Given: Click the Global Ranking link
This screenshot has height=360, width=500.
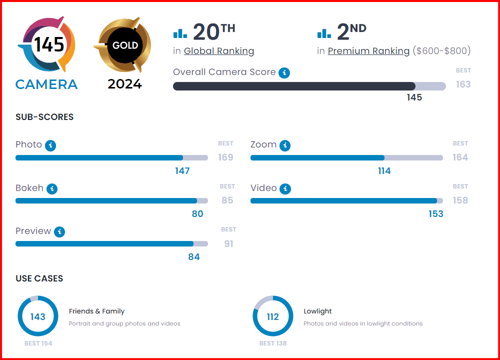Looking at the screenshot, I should pos(219,51).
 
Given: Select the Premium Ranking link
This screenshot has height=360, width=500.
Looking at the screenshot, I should pos(368,51).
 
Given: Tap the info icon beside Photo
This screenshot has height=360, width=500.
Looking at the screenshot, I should pos(50,145).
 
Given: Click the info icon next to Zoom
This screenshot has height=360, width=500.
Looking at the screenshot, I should pos(285,145).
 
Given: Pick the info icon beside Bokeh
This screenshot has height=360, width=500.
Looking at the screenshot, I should pos(52,189).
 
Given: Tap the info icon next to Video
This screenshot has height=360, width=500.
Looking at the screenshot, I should pos(285,189).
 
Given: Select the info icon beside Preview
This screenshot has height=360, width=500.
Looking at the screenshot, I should pos(59,232).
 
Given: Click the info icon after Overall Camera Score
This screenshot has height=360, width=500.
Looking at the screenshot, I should pos(284,73).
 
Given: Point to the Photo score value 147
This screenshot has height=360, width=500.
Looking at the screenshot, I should pos(182,171).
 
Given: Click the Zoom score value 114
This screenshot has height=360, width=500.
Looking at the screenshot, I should pos(384,171).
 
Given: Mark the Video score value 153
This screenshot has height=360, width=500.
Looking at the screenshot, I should pos(436,214).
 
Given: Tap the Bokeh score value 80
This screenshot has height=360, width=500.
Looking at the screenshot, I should pos(197,214).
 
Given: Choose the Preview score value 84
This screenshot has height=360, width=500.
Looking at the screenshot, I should pos(194,257).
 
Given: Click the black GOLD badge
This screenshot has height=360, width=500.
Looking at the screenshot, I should pos(125,45).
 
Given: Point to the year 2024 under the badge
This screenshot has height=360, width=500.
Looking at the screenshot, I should pos(125,84).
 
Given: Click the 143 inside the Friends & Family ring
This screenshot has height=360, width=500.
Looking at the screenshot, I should pos(37,316).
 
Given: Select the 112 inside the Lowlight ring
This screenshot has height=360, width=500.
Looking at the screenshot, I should pos(272,316).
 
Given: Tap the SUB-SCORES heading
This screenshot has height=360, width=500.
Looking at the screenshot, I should pos(44,117).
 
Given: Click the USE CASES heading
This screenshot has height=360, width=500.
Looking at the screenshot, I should pos(39,278).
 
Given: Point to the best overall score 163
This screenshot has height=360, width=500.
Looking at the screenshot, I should pos(463,84).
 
